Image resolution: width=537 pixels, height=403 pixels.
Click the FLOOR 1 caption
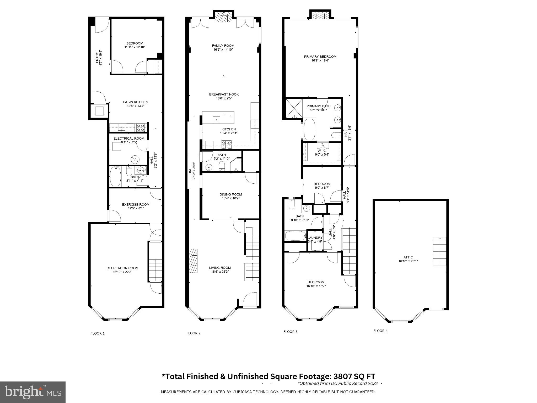(98, 333)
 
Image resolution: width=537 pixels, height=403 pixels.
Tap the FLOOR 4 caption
(380, 331)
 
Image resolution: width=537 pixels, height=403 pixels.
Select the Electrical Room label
(129, 139)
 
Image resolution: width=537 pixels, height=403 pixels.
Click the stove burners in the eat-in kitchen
(141, 128)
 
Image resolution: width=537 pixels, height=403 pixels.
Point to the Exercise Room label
(136, 205)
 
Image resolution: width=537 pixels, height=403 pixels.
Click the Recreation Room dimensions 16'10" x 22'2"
(122, 272)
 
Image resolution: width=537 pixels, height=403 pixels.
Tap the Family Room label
(223, 46)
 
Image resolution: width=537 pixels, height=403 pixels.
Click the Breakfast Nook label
(224, 94)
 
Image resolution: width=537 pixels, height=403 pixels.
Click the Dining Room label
(230, 195)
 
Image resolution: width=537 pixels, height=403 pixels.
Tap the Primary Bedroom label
(320, 57)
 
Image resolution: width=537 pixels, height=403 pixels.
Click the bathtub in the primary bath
(310, 130)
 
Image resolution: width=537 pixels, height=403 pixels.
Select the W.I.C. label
(322, 151)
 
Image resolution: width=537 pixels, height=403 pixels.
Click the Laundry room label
(315, 238)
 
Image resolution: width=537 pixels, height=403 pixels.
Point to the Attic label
(408, 257)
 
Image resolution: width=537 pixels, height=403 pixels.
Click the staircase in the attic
(439, 252)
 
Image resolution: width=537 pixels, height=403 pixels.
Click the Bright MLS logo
(33, 392)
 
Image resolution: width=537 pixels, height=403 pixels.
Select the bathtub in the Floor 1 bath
(115, 177)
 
